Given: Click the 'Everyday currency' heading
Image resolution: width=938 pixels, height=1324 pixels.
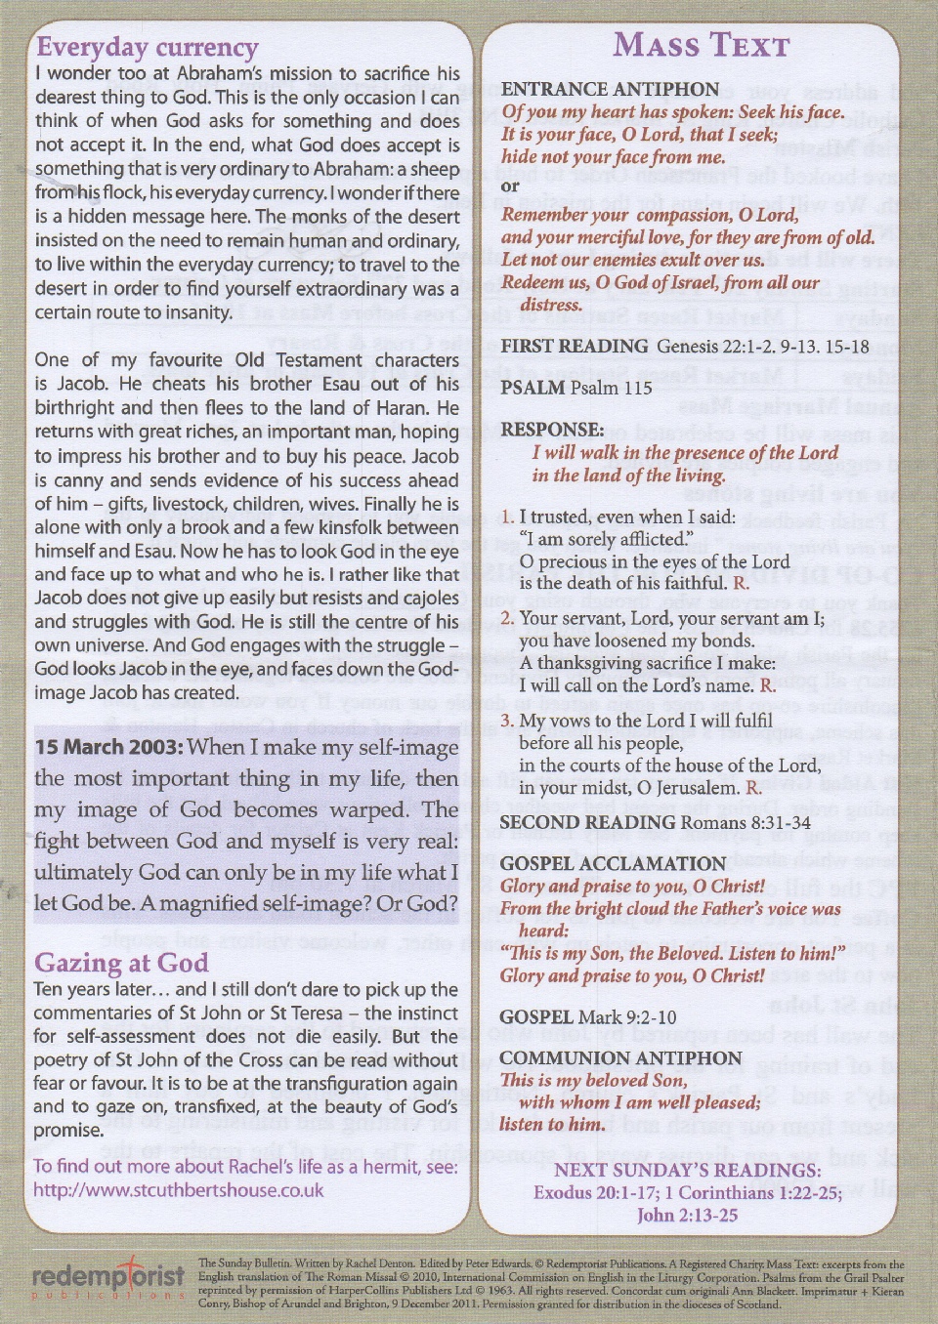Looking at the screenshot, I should tap(147, 47).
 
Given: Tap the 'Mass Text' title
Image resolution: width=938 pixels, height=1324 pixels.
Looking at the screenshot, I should tap(701, 45).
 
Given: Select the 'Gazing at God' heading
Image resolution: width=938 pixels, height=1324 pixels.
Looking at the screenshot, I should tap(120, 963).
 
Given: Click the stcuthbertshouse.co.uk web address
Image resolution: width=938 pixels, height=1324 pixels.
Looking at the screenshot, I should tap(178, 1190).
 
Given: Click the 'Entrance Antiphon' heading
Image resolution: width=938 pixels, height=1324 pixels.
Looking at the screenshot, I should tap(610, 89).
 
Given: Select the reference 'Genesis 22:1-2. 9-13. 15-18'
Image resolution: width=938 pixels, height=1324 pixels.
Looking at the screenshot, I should tap(762, 347).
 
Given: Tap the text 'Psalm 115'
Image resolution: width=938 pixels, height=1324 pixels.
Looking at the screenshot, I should tap(611, 388).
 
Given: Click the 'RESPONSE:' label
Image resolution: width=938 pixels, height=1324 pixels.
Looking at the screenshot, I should tap(552, 430).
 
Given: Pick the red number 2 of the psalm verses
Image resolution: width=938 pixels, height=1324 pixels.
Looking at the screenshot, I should tap(506, 618).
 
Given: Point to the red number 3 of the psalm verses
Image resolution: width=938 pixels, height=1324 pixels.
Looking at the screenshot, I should tap(506, 721).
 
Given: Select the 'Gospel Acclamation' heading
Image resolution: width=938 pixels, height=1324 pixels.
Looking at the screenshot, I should tap(613, 863).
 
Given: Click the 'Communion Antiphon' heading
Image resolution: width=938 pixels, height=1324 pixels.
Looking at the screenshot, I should tap(620, 1057).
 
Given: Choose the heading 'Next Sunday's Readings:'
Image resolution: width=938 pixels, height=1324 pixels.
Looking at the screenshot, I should tap(687, 1170).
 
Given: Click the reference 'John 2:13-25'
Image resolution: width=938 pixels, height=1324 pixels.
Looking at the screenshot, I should tap(687, 1215).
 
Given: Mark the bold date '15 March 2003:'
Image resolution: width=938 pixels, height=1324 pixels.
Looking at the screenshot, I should tap(108, 747).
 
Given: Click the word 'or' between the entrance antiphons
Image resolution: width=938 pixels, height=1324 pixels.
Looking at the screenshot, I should tap(510, 186).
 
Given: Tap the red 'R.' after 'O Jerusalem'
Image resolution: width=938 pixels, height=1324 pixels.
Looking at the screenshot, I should tap(752, 787).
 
